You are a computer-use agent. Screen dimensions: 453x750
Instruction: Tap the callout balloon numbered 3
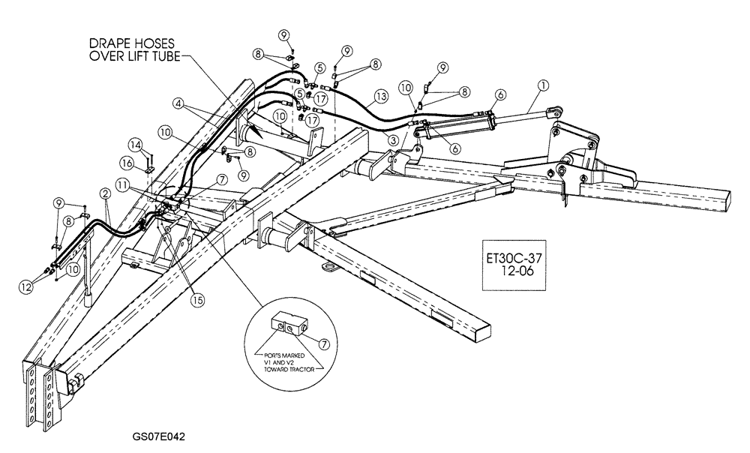pos(394,139)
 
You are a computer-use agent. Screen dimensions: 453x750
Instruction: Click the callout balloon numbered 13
pos(381,96)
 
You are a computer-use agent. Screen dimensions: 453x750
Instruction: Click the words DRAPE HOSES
pos(111,44)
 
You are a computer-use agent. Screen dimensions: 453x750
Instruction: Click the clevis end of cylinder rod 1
pos(553,112)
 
